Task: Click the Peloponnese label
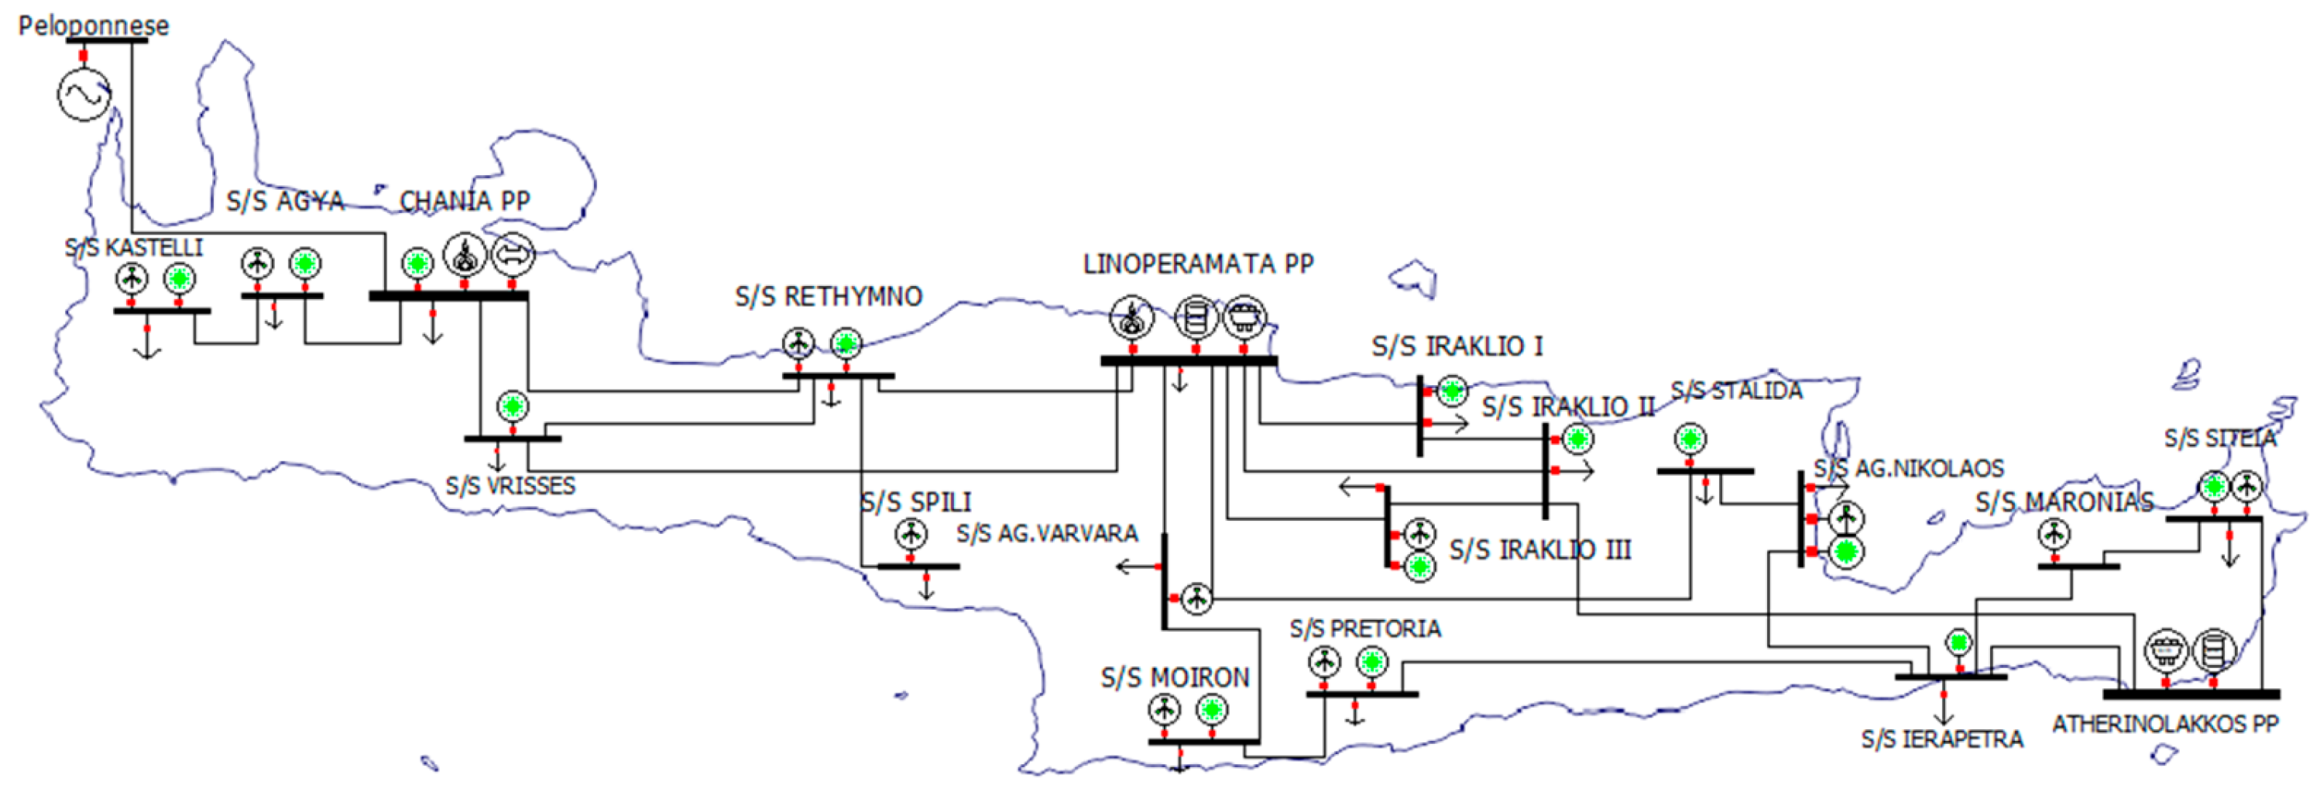coord(93,26)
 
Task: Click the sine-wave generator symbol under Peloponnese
coord(84,94)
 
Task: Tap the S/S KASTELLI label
coord(133,248)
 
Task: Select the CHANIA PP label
coord(465,201)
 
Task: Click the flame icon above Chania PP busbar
coord(465,256)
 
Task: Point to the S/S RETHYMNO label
coord(829,297)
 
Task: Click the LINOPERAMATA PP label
coord(1198,264)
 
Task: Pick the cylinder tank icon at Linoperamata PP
coord(1196,318)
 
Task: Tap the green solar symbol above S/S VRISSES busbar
coord(513,405)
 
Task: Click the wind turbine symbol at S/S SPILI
coord(911,534)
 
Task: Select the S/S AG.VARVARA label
coord(1046,533)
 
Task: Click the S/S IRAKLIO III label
coord(1540,549)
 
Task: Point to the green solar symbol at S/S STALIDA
coord(1690,439)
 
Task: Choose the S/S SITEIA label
coord(2220,439)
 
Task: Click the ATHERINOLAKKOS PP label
coord(2165,725)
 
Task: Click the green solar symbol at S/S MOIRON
coord(1211,710)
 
